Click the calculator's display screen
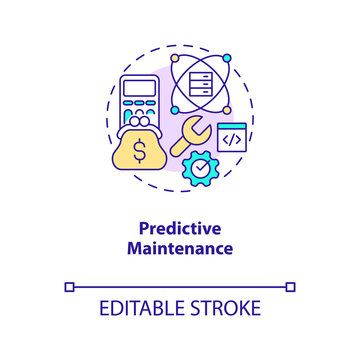[140, 88]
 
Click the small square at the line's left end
[69, 287]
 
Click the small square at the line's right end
[291, 287]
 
